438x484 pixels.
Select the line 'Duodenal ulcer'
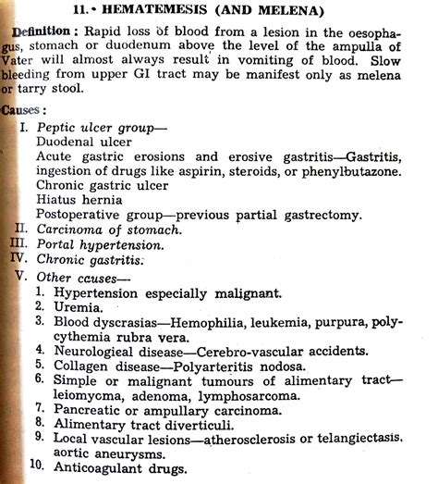83,141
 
